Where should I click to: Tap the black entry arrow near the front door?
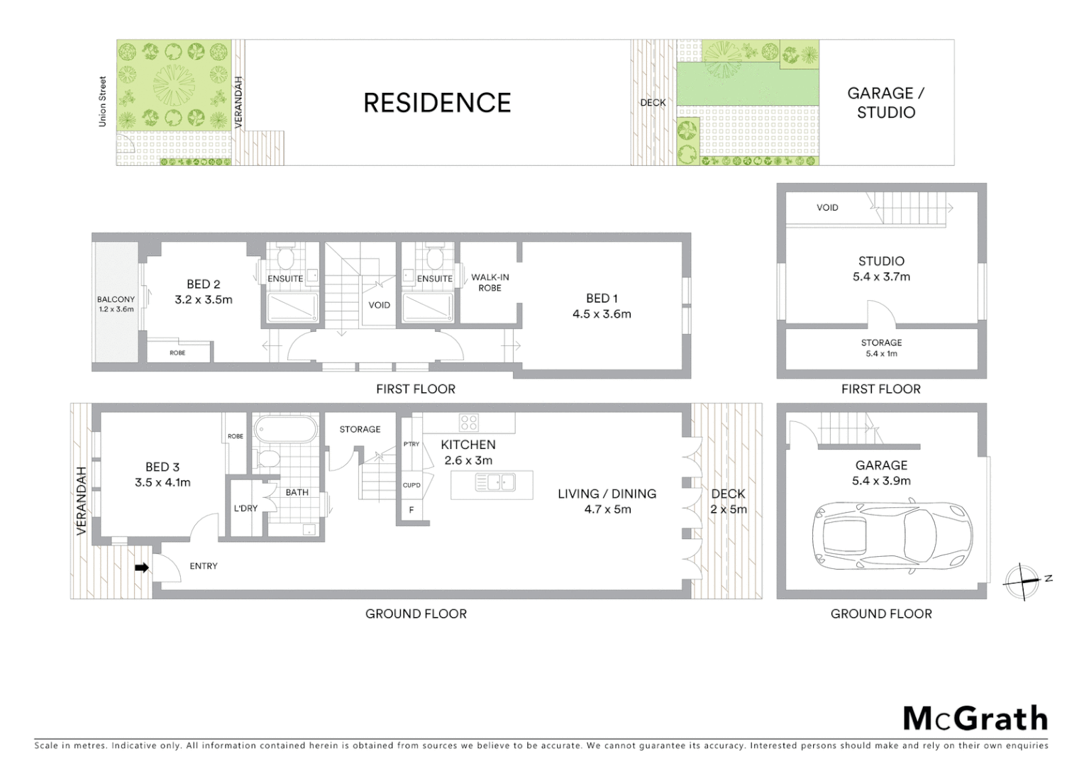(x=142, y=567)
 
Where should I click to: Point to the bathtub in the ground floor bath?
(x=286, y=430)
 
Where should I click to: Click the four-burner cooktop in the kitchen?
(x=469, y=423)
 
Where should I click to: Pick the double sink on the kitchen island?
(x=496, y=483)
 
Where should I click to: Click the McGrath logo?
(x=975, y=718)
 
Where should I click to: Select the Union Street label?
(x=103, y=102)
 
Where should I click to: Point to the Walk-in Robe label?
(x=490, y=282)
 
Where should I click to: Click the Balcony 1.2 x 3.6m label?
(x=116, y=304)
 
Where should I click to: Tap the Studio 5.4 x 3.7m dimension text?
(x=881, y=277)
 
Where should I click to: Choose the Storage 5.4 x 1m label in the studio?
(x=881, y=348)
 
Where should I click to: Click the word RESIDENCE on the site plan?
(x=437, y=103)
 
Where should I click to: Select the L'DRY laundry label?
(x=245, y=509)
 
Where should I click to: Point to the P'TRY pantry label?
(x=411, y=444)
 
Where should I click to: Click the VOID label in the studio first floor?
(x=827, y=208)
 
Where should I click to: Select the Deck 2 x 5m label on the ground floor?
(x=728, y=501)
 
